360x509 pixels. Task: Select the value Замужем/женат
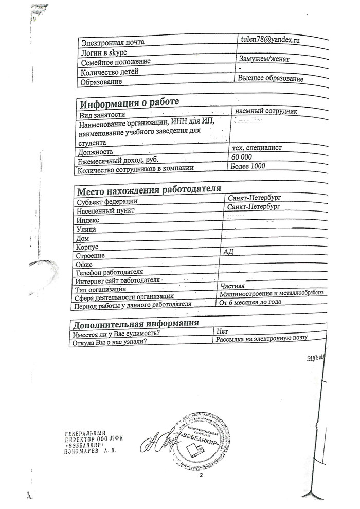pyautogui.click(x=264, y=59)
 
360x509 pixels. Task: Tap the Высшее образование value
pyautogui.click(x=271, y=78)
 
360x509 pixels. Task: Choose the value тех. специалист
pyautogui.click(x=257, y=148)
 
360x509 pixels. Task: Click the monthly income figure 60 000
pyautogui.click(x=242, y=157)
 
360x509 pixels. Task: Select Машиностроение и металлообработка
pyautogui.click(x=271, y=293)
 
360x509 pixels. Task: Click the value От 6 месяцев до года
pyautogui.click(x=250, y=302)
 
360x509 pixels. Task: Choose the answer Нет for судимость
pyautogui.click(x=223, y=331)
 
